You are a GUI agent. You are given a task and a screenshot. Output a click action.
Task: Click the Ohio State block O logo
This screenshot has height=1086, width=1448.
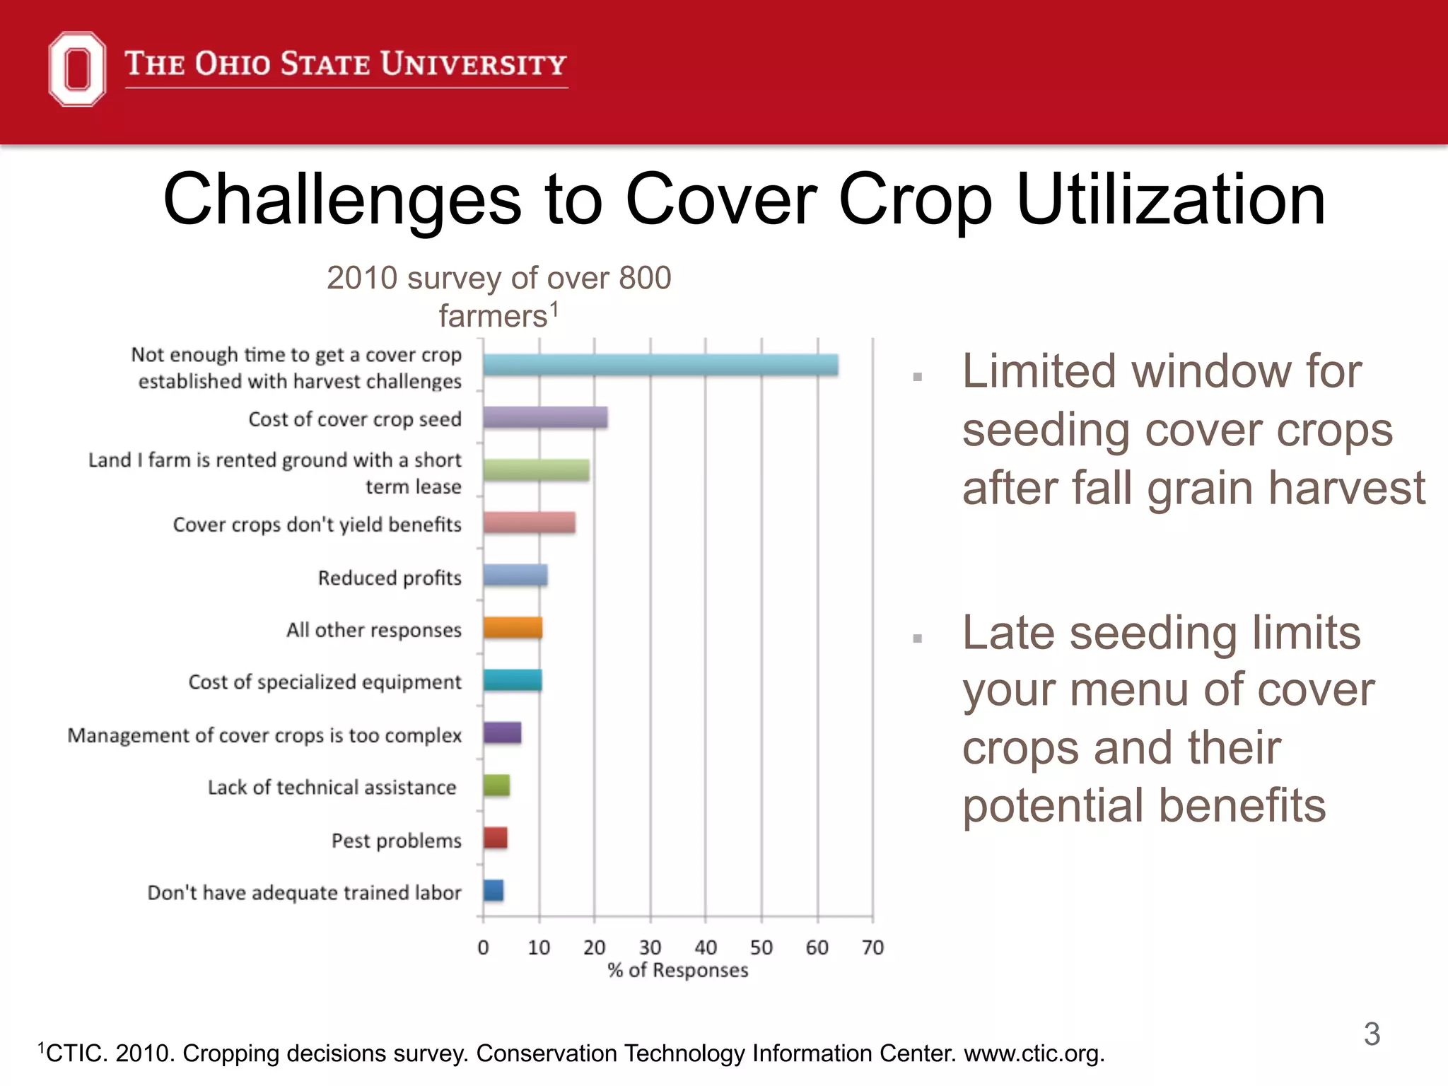pos(77,69)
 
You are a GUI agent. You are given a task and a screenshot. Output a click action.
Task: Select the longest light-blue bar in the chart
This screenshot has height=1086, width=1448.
pos(660,365)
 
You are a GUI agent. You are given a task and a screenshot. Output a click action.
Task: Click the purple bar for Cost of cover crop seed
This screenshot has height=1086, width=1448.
pos(545,418)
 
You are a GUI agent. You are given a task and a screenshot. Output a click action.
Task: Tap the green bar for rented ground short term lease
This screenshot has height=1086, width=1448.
pos(536,470)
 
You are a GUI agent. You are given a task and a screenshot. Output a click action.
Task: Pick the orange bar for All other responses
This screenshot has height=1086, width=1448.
pos(513,628)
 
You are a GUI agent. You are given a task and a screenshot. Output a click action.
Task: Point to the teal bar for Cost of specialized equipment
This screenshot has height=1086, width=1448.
pos(513,680)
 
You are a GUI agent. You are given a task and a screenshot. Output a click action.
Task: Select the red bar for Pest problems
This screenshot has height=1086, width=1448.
pos(495,838)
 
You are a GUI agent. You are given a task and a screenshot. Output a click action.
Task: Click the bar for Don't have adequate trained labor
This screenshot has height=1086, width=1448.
pos(494,891)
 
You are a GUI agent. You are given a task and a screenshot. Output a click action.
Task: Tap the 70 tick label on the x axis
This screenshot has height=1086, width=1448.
pos(872,947)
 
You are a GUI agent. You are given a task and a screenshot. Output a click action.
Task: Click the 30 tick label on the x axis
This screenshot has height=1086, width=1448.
pos(650,947)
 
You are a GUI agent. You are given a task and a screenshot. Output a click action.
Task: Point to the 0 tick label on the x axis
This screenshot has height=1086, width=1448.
pos(483,947)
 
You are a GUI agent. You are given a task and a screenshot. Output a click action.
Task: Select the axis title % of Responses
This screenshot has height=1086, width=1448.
pos(677,970)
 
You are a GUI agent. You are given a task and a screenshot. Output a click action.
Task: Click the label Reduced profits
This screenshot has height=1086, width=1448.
pos(390,578)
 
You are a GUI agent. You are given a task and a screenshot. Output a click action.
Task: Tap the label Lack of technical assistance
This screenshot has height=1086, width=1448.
pos(332,787)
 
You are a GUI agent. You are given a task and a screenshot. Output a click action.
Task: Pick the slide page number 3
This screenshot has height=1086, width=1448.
pos(1372,1034)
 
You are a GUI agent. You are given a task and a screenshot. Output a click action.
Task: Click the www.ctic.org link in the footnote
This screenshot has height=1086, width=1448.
pos(1034,1053)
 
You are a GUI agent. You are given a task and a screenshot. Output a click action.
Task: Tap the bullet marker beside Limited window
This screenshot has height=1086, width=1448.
pos(918,377)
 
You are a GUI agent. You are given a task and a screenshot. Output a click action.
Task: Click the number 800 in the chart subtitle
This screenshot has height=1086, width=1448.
pos(644,278)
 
